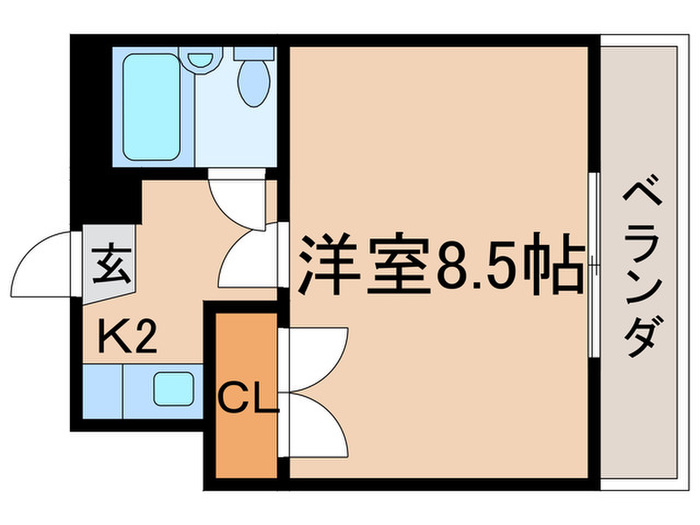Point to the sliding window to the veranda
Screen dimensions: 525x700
click(595, 265)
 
